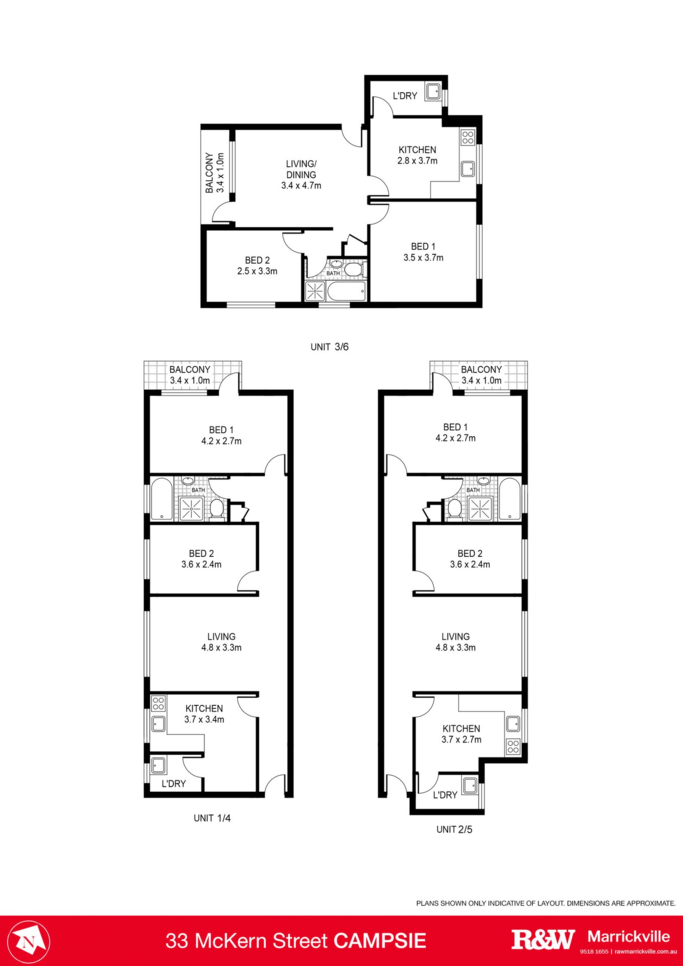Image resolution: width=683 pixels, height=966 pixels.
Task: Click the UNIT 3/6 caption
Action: click(330, 347)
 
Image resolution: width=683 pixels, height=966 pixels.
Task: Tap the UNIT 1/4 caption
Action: click(212, 818)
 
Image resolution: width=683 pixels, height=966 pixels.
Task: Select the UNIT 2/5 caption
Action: click(454, 830)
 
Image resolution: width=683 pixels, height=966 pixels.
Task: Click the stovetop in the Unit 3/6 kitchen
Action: click(468, 137)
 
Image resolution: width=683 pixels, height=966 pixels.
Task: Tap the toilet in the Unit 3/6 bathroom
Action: click(354, 269)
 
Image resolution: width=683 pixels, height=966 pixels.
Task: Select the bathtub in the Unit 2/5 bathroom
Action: click(509, 499)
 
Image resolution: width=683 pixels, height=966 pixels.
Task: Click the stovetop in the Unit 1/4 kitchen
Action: click(159, 702)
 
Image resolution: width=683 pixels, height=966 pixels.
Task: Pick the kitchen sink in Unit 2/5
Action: click(513, 723)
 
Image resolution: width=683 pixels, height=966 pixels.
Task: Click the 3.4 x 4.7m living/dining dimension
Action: click(301, 186)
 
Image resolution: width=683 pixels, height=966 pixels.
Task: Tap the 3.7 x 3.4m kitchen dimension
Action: click(204, 719)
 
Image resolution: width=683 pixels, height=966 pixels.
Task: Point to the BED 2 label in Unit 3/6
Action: click(258, 260)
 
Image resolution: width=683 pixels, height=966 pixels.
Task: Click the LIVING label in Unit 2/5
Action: click(456, 636)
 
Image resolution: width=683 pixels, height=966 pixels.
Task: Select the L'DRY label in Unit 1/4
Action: click(174, 783)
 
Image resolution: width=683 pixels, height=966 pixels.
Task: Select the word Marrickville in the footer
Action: click(629, 936)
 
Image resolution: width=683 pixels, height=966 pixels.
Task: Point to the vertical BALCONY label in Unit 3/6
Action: click(209, 173)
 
